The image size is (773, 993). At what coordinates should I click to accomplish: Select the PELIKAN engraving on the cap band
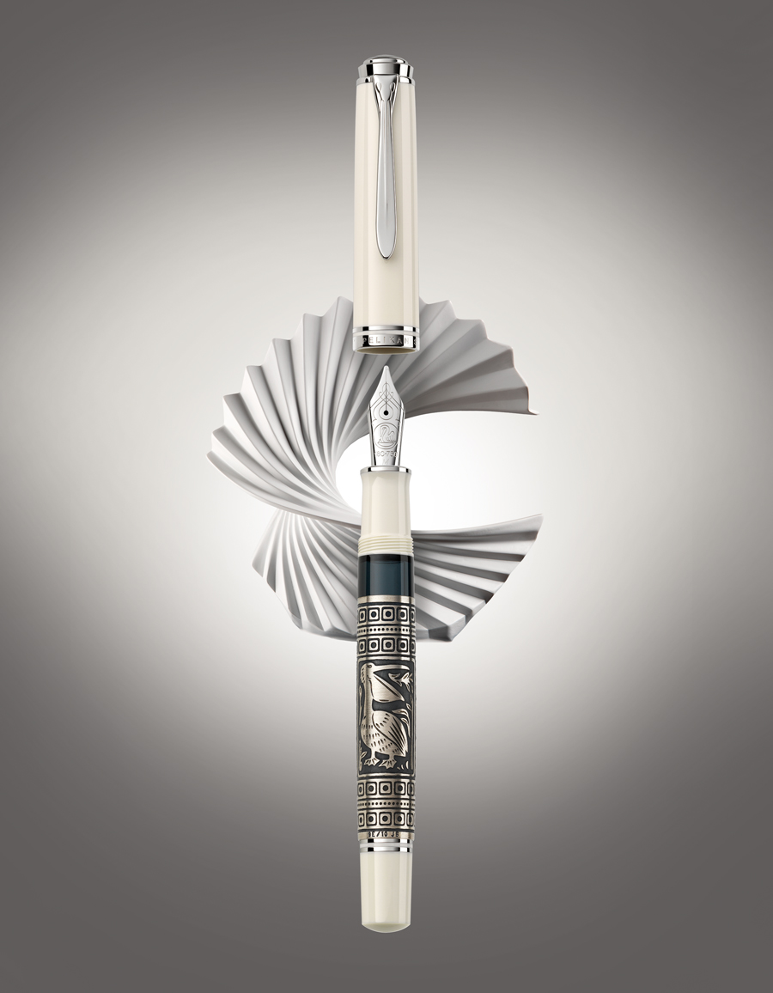tap(386, 341)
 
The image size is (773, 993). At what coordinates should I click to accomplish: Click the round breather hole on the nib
tap(386, 418)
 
